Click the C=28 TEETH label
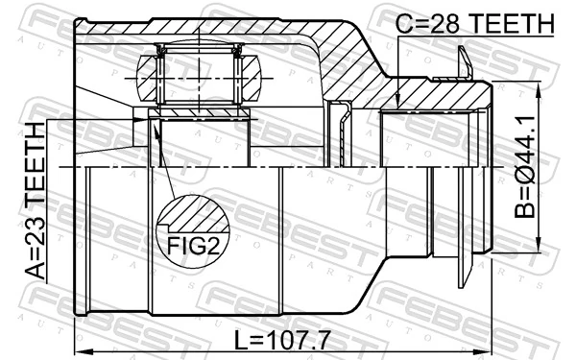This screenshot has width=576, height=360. tap(476, 21)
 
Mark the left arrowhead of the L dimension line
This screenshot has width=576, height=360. tap(80, 349)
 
